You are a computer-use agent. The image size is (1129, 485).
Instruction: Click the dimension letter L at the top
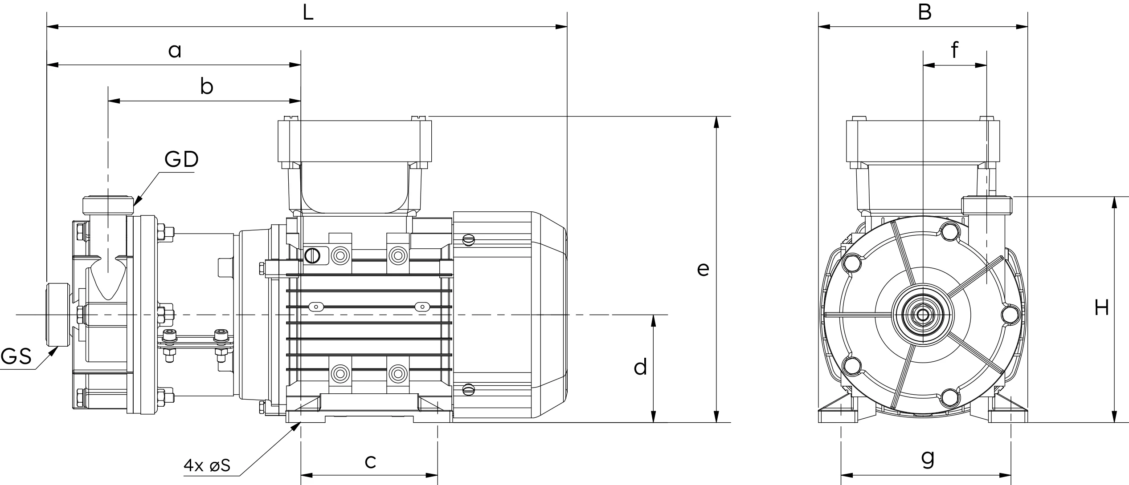point(308,12)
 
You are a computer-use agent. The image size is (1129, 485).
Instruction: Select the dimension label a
point(175,51)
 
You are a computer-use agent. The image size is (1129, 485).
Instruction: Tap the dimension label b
point(206,86)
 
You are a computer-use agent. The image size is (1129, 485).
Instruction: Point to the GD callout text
point(181,159)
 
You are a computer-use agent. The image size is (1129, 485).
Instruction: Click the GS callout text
point(16,357)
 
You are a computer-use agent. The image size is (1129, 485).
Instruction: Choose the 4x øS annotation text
point(207,465)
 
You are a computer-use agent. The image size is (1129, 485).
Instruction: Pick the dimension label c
point(370,462)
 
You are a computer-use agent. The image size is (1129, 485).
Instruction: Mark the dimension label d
point(640,367)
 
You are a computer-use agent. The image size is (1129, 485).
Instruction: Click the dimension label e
point(703,269)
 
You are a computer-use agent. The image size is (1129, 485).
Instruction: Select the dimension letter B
point(924,12)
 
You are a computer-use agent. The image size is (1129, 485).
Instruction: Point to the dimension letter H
point(1101,307)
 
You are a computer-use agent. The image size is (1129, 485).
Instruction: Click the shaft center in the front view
point(923,315)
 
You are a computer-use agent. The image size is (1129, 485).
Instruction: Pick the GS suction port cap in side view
point(58,315)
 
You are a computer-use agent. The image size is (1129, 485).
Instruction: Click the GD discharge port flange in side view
point(108,205)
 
